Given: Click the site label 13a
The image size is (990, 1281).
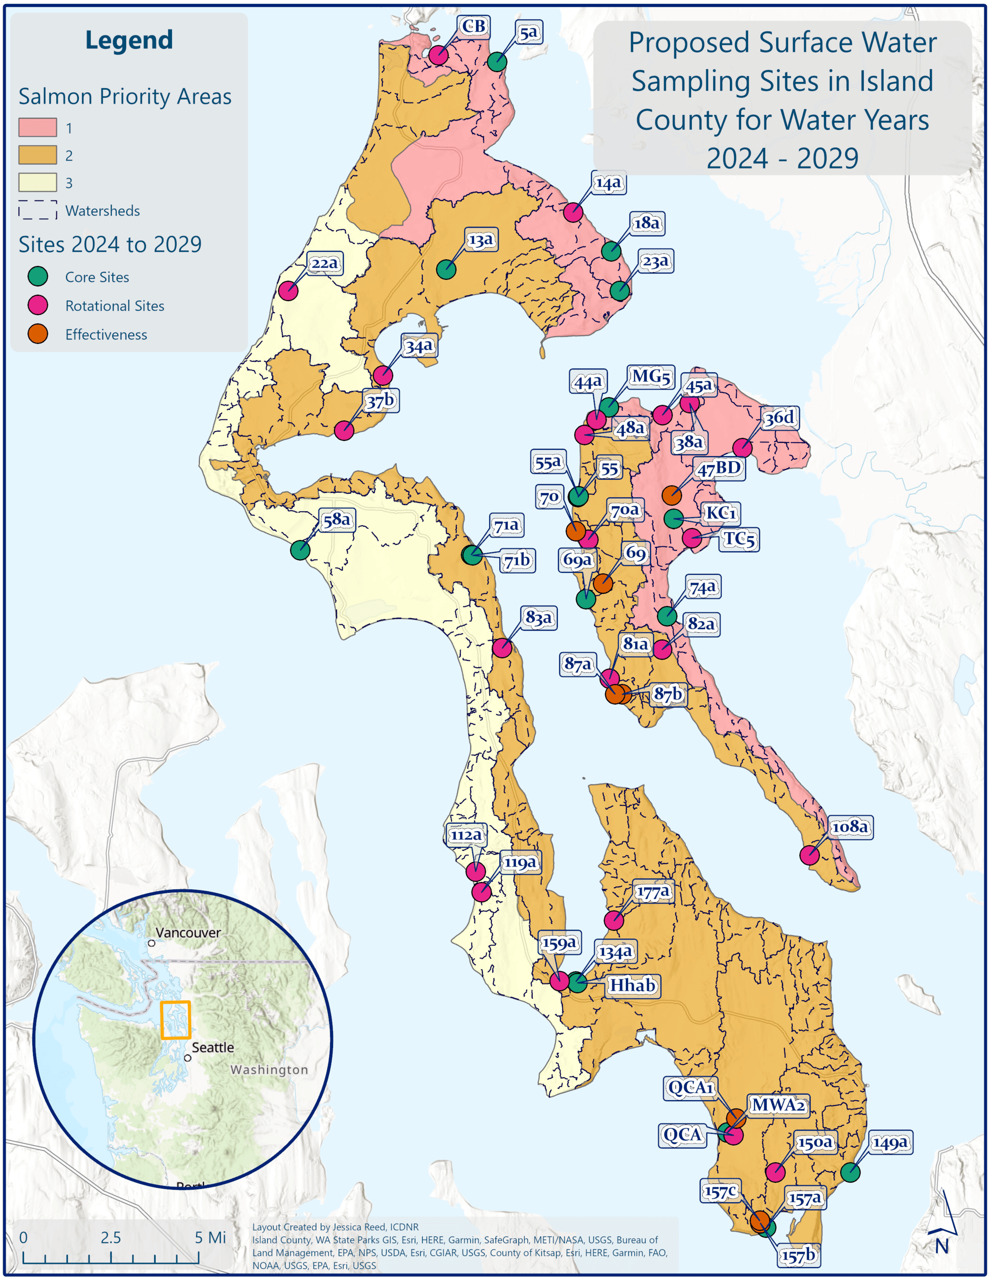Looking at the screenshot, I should [480, 240].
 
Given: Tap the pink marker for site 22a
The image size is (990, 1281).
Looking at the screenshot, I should [288, 290].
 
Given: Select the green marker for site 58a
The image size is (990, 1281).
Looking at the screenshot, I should [300, 550].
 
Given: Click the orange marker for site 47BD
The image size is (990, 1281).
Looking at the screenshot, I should [672, 495].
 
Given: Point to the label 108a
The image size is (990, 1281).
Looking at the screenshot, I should [850, 827].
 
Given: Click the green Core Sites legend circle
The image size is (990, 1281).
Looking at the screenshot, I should [38, 277].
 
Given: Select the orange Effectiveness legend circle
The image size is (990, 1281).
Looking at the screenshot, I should [38, 335].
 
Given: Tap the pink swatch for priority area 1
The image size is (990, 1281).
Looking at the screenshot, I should [37, 127].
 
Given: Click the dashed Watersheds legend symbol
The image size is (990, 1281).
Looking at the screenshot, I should [37, 210].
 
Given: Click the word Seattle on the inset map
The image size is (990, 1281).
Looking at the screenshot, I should [212, 1047].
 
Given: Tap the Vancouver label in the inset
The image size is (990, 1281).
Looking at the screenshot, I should [188, 933].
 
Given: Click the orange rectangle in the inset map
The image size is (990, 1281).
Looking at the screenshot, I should [175, 1019].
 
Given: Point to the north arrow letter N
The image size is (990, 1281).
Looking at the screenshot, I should [942, 1246].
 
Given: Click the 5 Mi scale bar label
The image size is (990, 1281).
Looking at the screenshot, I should [210, 1238].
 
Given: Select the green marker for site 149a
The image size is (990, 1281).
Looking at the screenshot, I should [851, 1173].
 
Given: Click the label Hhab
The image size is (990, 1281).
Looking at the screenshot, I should [632, 985].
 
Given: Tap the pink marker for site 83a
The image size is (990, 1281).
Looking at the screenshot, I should [502, 648].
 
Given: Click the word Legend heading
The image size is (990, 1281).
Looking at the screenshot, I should [129, 40].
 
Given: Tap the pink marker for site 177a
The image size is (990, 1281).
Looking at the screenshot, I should [614, 920].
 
